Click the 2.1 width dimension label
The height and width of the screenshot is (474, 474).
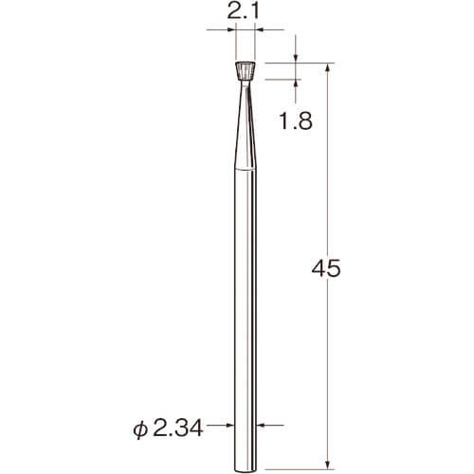tap(243, 12)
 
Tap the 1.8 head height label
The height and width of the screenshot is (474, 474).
tap(296, 121)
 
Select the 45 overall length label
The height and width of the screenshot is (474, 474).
tap(326, 268)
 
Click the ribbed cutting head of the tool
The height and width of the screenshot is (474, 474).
tap(246, 71)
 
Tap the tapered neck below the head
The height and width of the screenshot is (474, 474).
tap(246, 125)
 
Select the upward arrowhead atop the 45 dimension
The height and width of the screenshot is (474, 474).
tap(328, 68)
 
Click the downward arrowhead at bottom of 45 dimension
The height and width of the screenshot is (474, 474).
tap(328, 465)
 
